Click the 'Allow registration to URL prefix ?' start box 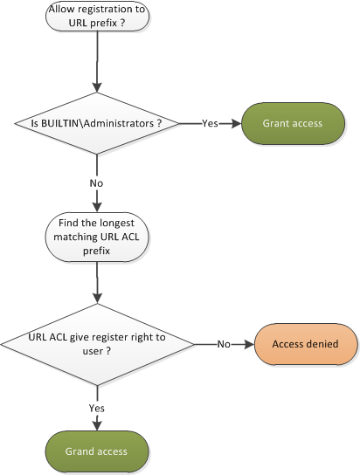point(97,16)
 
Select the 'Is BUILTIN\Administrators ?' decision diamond point(97,123)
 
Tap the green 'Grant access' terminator point(293,123)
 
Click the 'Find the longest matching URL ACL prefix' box point(97,237)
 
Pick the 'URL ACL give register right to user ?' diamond point(97,344)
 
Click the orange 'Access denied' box point(306,344)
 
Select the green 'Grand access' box point(97,451)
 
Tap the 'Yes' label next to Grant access point(210,123)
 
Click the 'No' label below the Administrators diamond point(96,183)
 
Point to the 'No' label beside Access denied point(224,344)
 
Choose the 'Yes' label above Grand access point(97,408)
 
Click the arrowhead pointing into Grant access point(237,123)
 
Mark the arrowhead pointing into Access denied point(249,344)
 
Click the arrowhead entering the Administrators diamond point(97,87)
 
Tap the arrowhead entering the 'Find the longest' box point(97,207)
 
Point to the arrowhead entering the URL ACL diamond point(97,299)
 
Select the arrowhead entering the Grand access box point(97,425)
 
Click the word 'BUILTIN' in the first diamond point(59,123)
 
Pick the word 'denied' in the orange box point(323,344)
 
